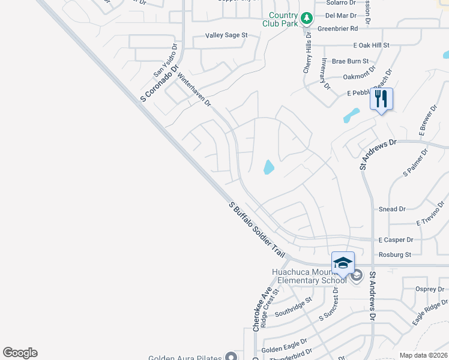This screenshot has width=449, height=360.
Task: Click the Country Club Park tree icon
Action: (307, 18)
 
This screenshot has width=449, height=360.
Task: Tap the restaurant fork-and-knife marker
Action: (381, 98)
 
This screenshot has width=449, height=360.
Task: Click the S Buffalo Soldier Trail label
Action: (257, 230)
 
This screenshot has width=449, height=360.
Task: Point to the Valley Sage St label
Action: (226, 35)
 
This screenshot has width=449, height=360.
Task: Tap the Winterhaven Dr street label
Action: (194, 89)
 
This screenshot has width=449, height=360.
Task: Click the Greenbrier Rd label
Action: (337, 28)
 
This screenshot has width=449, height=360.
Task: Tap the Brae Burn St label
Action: (350, 61)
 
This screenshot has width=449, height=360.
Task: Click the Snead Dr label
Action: (393, 209)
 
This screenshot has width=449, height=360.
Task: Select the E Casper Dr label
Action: (396, 240)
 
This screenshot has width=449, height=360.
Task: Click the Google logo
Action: (20, 353)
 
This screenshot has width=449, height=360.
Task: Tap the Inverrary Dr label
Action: (325, 74)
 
